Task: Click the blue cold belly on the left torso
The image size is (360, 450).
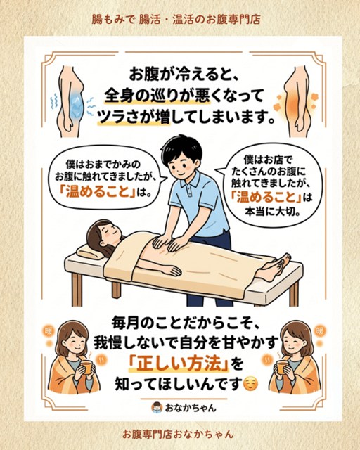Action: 75,103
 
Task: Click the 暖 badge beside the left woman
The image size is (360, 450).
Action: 48,331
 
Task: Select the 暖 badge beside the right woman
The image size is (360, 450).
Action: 319,330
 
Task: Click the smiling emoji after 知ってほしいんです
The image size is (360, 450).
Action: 250,383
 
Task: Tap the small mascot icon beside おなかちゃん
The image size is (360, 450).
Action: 157,408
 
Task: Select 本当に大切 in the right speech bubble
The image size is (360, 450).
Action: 269,212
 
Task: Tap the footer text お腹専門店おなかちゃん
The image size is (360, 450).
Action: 178,434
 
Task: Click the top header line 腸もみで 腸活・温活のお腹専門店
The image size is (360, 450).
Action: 176,20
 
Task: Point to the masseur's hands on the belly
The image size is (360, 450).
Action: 167,243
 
